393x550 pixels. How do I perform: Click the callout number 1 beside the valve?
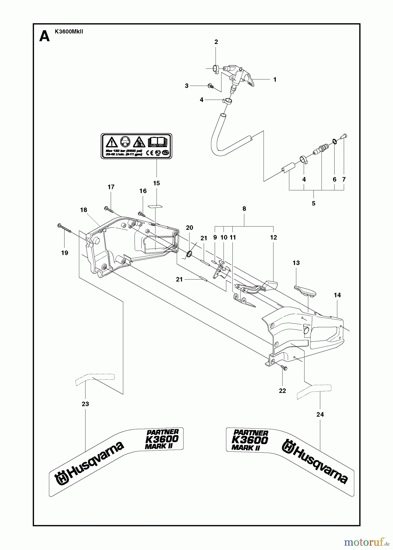pyautogui.click(x=275, y=80)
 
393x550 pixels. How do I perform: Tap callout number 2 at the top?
pyautogui.click(x=216, y=42)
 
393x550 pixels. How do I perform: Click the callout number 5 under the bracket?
pyautogui.click(x=313, y=203)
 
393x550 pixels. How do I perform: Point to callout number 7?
pyautogui.click(x=344, y=180)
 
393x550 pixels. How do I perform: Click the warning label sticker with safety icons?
pyautogui.click(x=136, y=146)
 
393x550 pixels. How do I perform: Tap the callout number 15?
pyautogui.click(x=156, y=183)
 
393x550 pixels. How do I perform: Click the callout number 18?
pyautogui.click(x=83, y=210)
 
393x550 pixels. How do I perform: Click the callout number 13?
pyautogui.click(x=296, y=263)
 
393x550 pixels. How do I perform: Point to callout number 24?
pyautogui.click(x=320, y=414)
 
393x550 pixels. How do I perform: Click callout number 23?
pyautogui.click(x=85, y=404)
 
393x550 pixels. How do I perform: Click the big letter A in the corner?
pyautogui.click(x=45, y=37)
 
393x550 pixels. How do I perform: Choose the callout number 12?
pyautogui.click(x=273, y=237)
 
